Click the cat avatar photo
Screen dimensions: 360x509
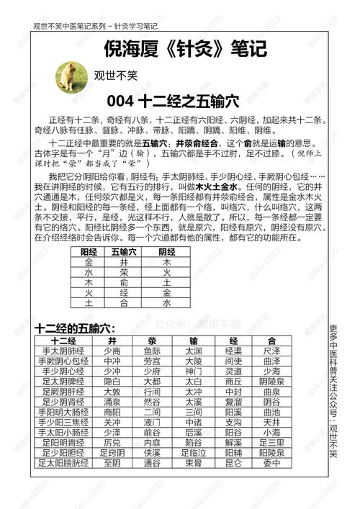pos(70,75)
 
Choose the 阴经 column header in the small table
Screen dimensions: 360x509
pos(167,271)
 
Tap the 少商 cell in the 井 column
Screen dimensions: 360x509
pos(112,351)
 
